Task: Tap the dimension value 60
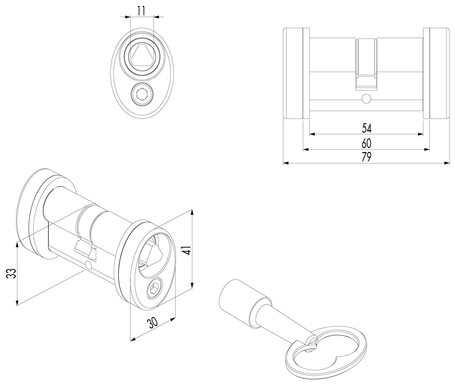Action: (366, 143)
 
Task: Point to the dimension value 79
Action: (366, 157)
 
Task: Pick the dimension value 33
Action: (11, 273)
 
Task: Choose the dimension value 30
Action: (152, 323)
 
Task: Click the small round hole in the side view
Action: (366, 99)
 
